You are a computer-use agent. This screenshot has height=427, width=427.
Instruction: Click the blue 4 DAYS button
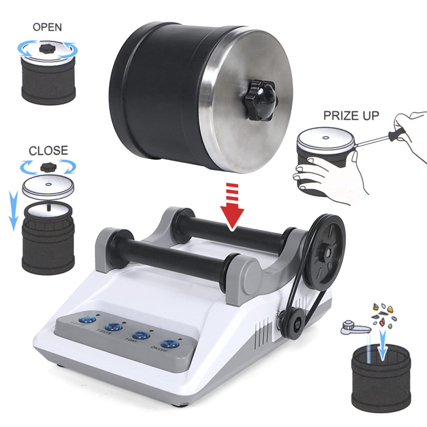coord(87,319)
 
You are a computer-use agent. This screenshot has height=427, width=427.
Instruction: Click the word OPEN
coord(47,27)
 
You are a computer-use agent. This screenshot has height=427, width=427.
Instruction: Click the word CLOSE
coord(48,150)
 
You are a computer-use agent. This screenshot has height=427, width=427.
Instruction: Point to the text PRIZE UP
coord(351,115)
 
